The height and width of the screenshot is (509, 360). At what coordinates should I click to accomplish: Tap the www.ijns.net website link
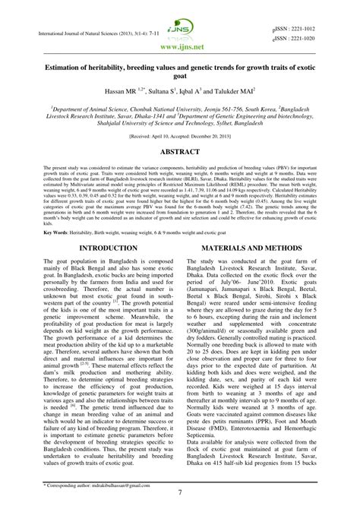point(180,45)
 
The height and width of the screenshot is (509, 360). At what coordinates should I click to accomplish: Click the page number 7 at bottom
point(180,492)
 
